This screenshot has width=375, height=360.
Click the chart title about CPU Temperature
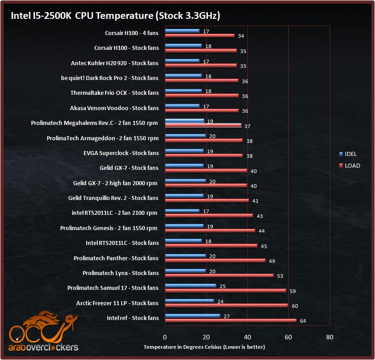coord(115,16)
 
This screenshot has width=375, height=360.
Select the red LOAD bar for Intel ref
coord(231,320)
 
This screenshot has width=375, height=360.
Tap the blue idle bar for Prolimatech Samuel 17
coord(190,286)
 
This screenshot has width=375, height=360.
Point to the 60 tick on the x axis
coord(288,337)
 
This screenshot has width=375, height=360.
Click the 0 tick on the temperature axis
coord(165,337)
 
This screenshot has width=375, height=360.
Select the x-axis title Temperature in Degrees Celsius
coord(204,347)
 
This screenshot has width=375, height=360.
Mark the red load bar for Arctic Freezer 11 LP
coord(226,305)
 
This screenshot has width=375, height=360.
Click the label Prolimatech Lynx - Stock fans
coord(120,273)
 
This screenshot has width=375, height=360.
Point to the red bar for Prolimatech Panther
coord(215,260)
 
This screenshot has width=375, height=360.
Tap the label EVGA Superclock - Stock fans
coord(121,153)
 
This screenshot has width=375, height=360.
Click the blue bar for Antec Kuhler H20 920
coord(182,61)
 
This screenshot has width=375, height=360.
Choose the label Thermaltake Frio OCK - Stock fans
coord(114,93)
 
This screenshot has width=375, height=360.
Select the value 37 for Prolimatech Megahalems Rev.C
coord(247,126)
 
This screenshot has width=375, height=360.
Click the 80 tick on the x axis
coord(330,337)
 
